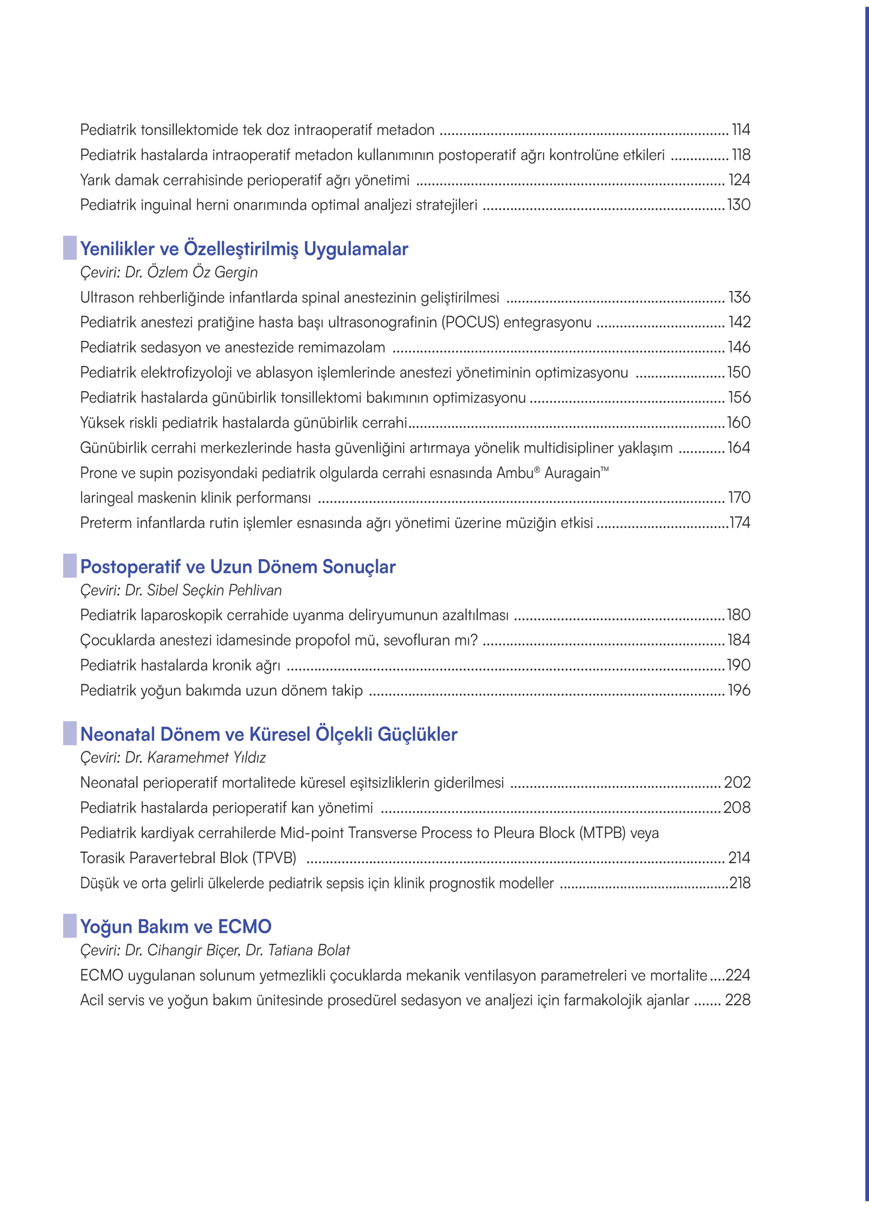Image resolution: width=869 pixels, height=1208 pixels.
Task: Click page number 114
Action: (741, 130)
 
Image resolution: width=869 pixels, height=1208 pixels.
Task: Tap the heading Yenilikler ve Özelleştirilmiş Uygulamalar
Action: (244, 249)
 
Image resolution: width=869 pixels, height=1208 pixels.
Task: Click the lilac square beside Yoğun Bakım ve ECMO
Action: (70, 926)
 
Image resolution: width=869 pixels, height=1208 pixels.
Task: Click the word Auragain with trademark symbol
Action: (575, 473)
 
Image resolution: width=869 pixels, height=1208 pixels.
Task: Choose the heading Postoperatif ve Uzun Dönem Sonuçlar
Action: (237, 567)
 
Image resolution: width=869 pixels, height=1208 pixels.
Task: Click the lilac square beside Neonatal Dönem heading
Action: (70, 733)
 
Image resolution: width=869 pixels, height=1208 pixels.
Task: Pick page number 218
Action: (740, 883)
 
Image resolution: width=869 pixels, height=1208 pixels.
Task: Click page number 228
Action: (737, 1000)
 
